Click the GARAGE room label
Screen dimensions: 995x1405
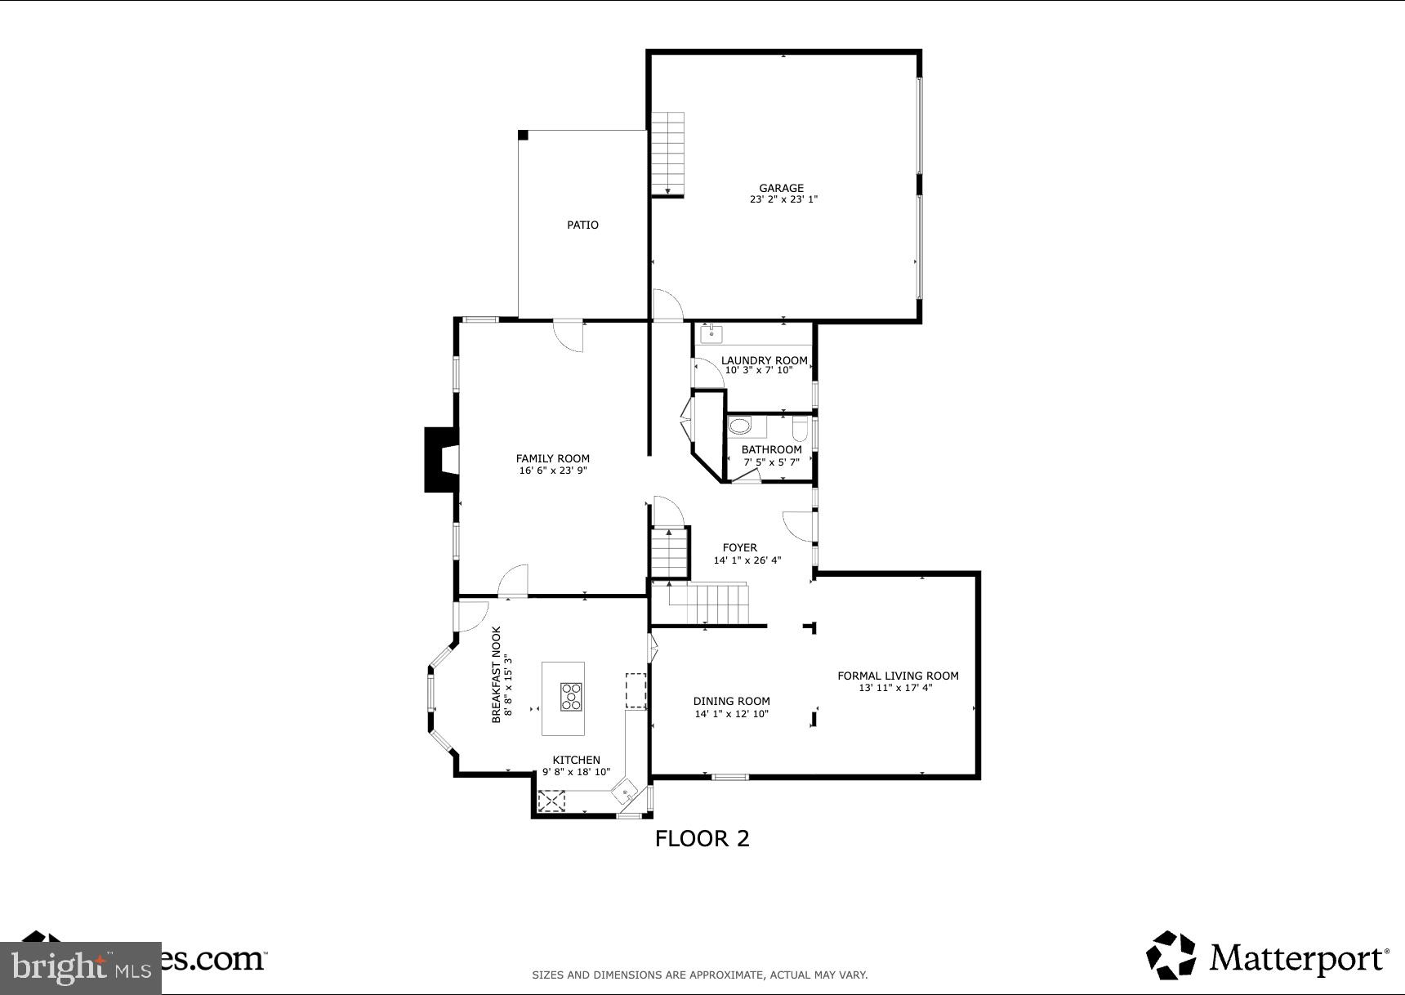pos(781,188)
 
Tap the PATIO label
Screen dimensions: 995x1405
pos(582,225)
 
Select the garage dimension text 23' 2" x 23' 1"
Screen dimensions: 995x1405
pos(783,199)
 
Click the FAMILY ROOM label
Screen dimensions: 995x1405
pos(552,458)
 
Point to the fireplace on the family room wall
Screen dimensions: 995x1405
pos(440,460)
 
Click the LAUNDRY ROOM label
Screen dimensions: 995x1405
pos(764,360)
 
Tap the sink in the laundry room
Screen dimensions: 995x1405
pos(712,332)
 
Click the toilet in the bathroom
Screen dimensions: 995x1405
pos(800,427)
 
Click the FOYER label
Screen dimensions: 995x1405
pos(739,547)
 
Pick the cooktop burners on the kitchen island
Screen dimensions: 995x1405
pos(571,697)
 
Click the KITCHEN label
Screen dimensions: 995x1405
pos(576,760)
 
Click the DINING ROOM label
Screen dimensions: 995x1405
pos(731,701)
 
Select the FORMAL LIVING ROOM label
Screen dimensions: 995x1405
pos(898,676)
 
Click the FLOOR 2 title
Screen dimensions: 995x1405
pos(702,838)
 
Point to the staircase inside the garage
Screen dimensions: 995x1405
pos(667,154)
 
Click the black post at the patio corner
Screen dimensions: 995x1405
pos(524,135)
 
